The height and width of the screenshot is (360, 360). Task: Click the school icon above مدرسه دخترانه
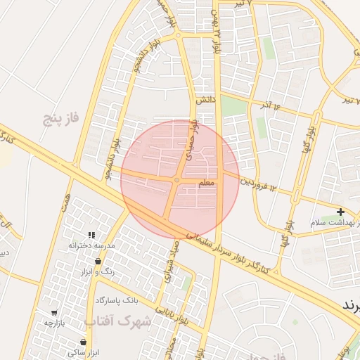click(x=91, y=235)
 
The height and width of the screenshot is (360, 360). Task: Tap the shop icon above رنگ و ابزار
click(x=98, y=261)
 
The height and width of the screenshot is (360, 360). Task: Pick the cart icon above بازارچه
click(x=54, y=312)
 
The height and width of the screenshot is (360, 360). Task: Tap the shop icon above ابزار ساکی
click(x=83, y=342)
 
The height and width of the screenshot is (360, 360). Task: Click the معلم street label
click(x=207, y=183)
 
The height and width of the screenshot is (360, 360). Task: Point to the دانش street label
click(x=205, y=100)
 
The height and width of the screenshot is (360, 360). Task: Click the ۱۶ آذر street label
click(x=270, y=105)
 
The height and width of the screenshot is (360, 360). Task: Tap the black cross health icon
click(x=340, y=212)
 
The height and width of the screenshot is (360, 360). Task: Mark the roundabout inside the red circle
click(x=176, y=181)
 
